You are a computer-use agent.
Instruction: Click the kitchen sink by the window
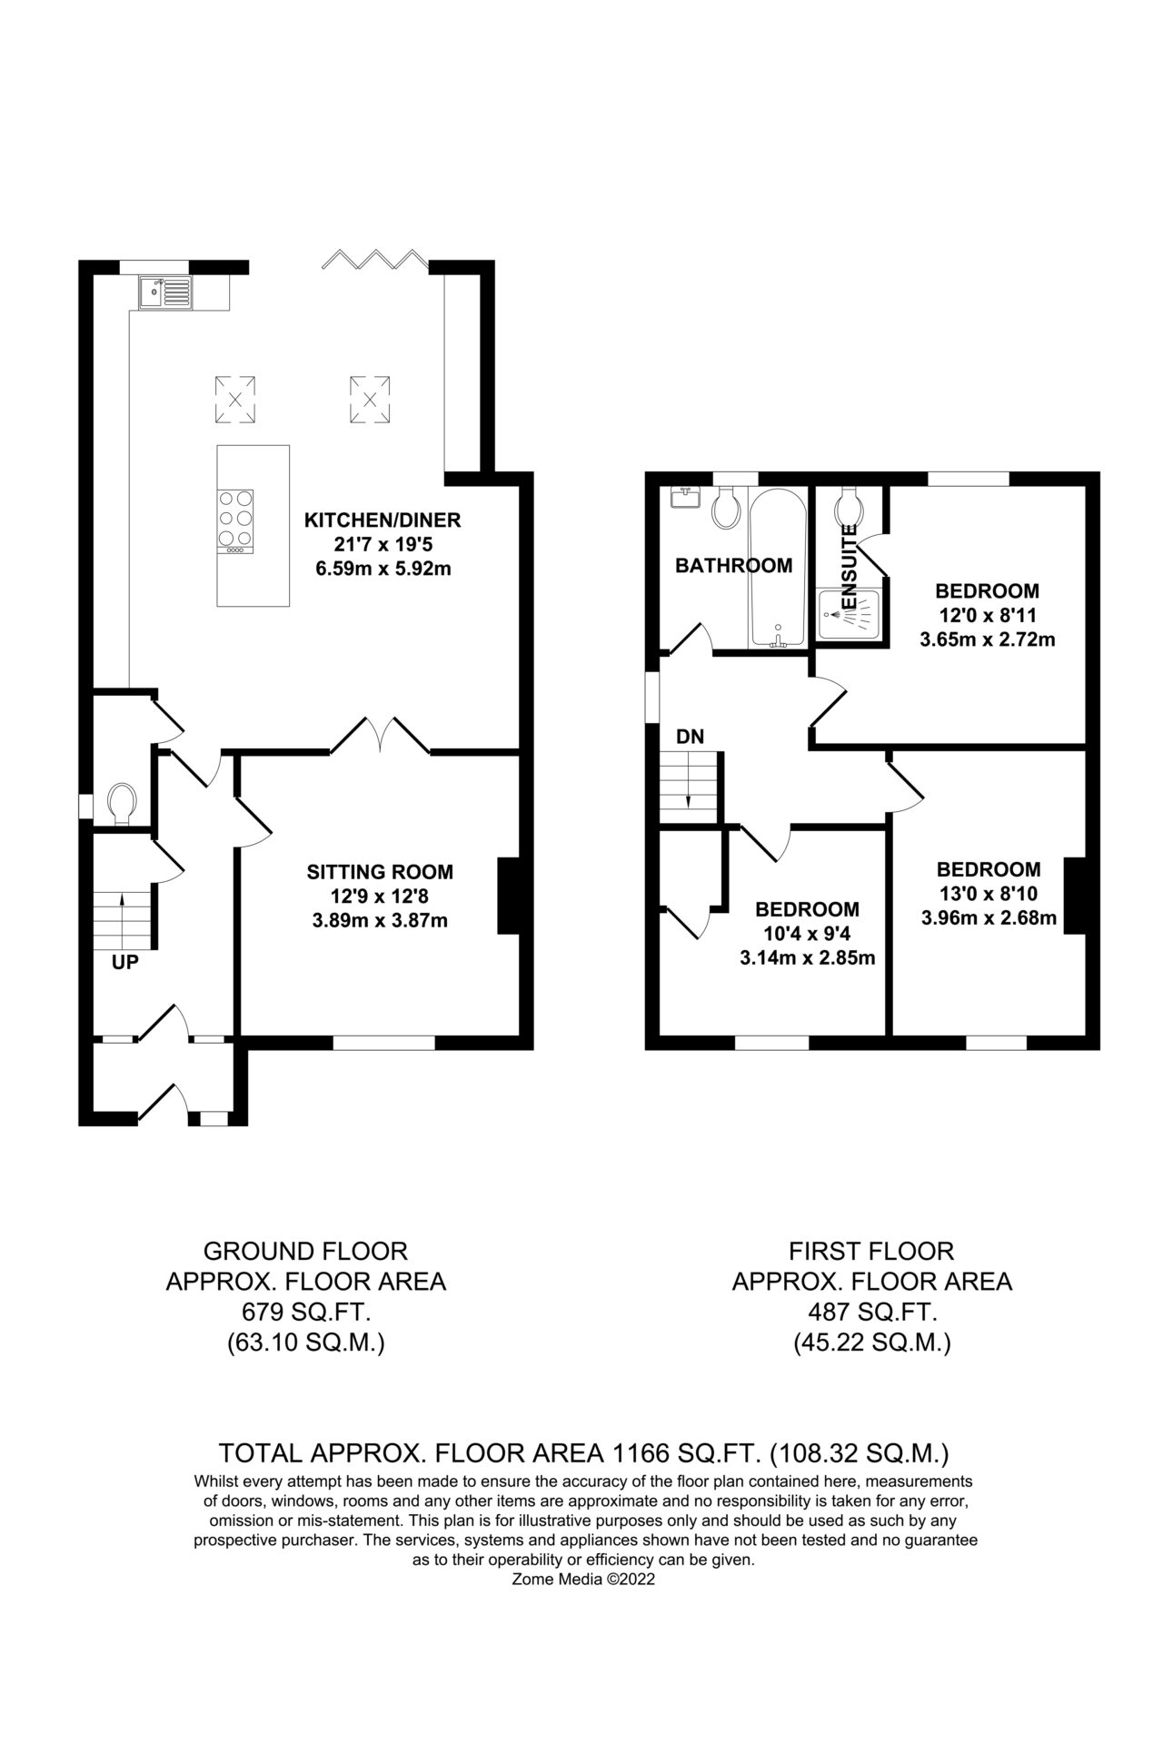[166, 292]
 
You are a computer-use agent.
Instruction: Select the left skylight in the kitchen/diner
[235, 399]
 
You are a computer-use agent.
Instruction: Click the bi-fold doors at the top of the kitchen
[374, 259]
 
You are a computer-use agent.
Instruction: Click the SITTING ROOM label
[380, 872]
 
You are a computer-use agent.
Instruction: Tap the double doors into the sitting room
[380, 736]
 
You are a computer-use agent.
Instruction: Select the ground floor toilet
[121, 805]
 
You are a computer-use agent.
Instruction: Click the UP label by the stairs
[125, 963]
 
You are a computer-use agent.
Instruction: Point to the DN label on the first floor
[691, 736]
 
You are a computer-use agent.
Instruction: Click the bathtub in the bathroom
[778, 568]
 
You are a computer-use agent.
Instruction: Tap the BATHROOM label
[733, 566]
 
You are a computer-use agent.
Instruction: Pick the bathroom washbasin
[683, 497]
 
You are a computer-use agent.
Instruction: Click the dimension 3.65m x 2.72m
[988, 639]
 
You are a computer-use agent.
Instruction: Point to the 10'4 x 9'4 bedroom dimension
[808, 933]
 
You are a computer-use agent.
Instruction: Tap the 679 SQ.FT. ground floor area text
[305, 1313]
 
